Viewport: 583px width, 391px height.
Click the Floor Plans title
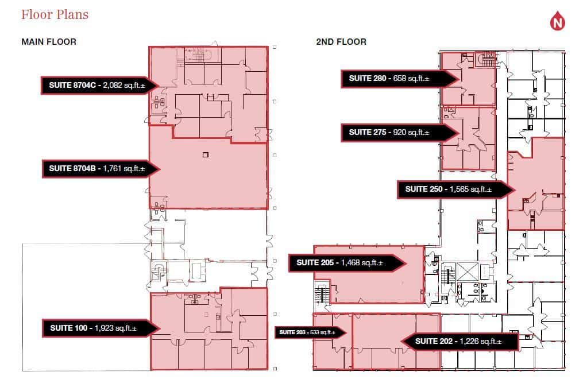[55, 14]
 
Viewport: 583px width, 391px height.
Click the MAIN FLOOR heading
[49, 42]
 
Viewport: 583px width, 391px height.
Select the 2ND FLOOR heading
[341, 42]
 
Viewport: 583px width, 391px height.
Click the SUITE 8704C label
[73, 86]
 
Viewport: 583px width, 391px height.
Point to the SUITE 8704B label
[74, 168]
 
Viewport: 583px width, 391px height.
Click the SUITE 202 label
[434, 342]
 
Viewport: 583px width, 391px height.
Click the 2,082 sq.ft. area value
[123, 86]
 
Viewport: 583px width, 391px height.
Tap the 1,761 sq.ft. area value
[123, 168]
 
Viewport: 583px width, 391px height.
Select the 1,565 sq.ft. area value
[471, 189]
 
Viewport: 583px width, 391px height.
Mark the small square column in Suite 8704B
[205, 154]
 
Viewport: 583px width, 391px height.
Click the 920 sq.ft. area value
[411, 132]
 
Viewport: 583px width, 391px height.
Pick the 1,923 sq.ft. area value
[115, 328]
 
